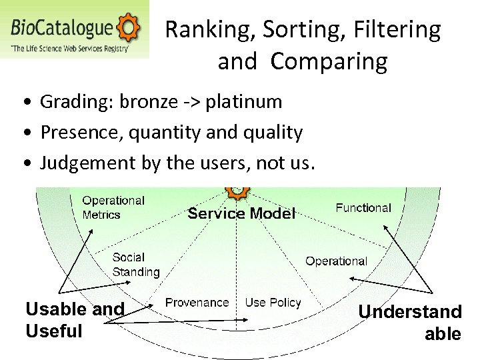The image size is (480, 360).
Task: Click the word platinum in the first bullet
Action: point(244,102)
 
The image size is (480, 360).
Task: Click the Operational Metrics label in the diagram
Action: point(113,207)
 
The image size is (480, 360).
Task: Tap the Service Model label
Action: point(241,213)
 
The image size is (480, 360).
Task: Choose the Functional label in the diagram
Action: point(363,208)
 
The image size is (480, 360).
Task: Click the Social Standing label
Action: point(135,265)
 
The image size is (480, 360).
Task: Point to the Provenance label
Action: point(197,303)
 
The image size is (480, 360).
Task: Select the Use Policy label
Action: point(273,303)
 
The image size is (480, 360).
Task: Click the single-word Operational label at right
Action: point(336,261)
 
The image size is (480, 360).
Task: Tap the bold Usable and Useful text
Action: point(74,319)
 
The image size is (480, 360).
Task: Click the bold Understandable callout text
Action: point(410,322)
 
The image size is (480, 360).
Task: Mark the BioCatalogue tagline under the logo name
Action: point(69,48)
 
